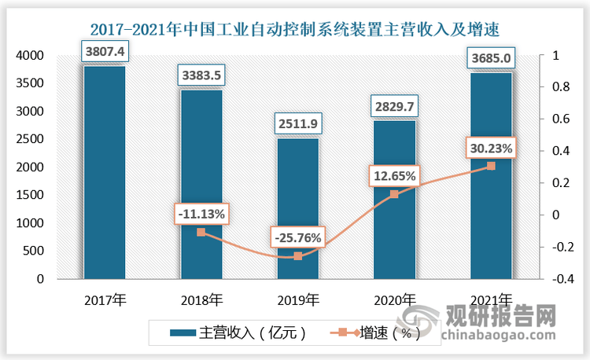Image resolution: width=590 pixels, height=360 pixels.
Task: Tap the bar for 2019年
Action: [297, 208]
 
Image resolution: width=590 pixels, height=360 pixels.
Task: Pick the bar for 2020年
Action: [395, 200]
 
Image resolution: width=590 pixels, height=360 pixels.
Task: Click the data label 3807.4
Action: [105, 52]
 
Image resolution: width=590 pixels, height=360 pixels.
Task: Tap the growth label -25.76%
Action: [297, 237]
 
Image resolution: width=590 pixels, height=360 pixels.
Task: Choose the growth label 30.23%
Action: [489, 148]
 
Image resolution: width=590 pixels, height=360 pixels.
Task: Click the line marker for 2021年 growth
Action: [491, 166]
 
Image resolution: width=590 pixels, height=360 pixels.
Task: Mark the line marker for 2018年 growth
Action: [201, 232]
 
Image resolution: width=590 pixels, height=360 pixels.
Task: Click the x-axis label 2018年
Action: [201, 299]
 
